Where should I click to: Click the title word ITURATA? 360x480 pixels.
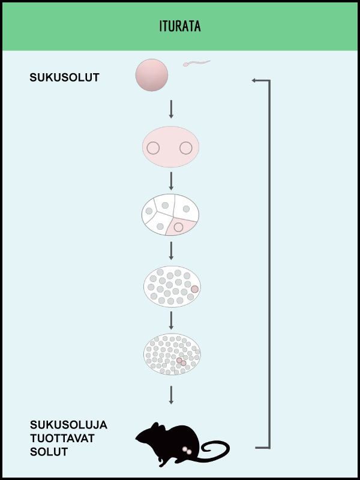click(180, 26)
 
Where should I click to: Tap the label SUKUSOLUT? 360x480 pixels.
click(65, 77)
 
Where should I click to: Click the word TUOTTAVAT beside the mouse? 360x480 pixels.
click(62, 439)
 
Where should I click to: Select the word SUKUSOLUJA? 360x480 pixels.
click(68, 425)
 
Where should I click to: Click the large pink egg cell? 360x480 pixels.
click(152, 75)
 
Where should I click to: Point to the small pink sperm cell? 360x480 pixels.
click(196, 64)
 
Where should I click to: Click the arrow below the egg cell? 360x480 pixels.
click(171, 109)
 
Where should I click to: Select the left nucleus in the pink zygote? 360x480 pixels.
click(153, 148)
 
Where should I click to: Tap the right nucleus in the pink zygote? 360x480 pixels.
click(186, 148)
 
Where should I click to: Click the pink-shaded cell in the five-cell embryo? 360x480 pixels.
click(181, 227)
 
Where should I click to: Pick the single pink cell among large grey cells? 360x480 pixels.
click(194, 289)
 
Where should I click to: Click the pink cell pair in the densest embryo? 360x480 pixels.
click(181, 362)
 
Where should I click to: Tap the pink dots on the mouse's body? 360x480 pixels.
click(187, 451)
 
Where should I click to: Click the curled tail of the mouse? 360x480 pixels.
click(214, 451)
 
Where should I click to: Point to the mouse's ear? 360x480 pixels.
click(155, 426)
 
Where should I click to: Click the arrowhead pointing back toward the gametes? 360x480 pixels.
click(254, 80)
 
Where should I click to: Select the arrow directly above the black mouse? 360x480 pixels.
click(171, 395)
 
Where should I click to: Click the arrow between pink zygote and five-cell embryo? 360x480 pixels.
click(171, 181)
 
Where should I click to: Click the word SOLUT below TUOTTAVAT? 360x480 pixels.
click(49, 452)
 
